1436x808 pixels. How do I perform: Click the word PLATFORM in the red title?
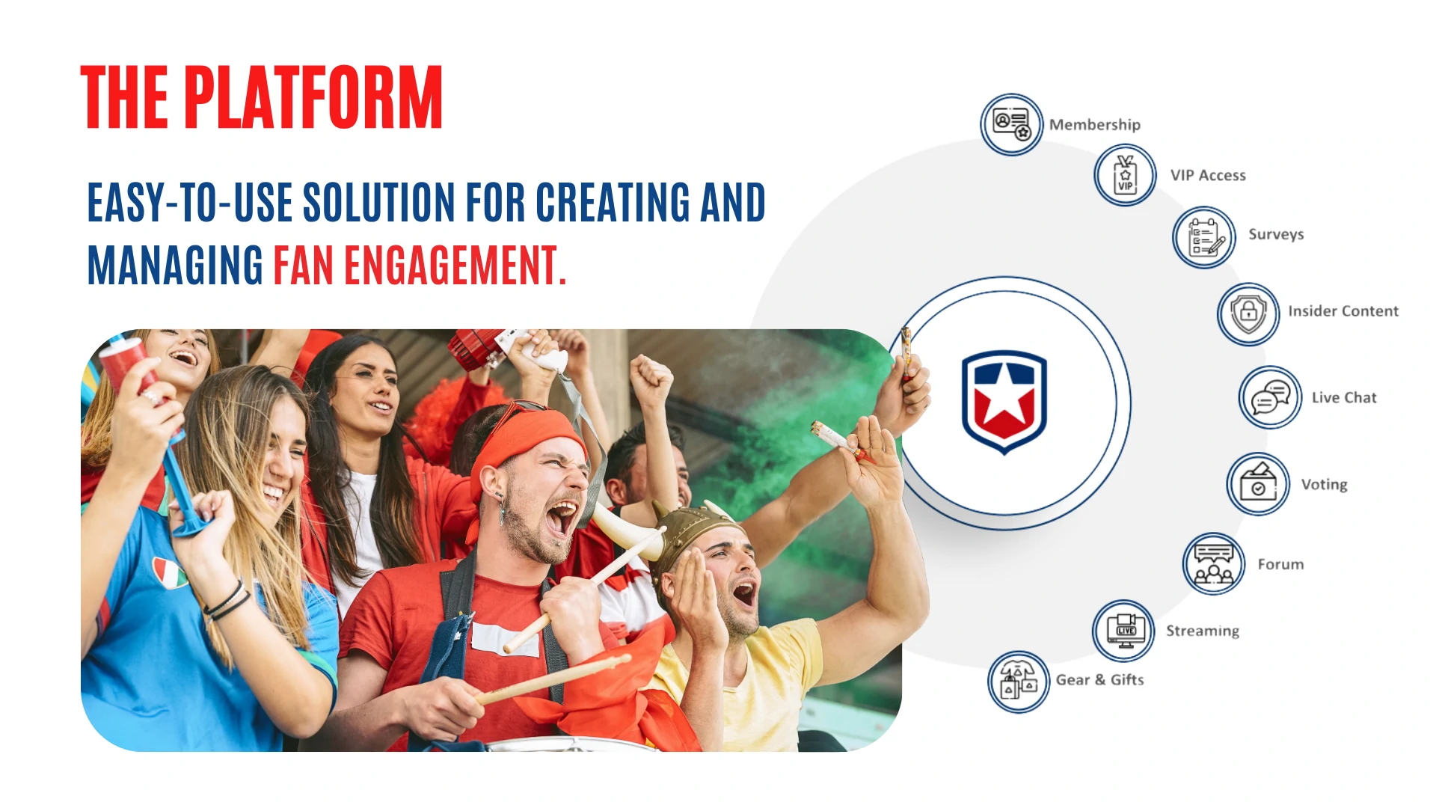point(313,97)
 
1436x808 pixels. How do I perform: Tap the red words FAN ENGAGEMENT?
point(420,266)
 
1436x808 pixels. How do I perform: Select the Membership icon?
point(1011,124)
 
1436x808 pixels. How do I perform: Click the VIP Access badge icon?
point(1125,175)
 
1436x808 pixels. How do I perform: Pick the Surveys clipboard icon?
point(1204,237)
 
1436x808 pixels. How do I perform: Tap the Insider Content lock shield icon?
point(1248,313)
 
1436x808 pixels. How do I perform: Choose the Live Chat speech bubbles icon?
point(1271,397)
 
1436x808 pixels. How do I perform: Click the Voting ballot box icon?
point(1258,484)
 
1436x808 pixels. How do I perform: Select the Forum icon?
point(1214,563)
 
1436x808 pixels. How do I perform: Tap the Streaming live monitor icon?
point(1123,631)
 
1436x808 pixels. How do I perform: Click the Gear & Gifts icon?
point(1019,682)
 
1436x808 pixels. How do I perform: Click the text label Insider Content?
point(1343,311)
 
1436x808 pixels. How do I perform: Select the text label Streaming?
point(1203,631)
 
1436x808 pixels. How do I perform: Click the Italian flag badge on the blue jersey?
point(169,572)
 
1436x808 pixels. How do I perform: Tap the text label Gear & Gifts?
point(1099,679)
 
